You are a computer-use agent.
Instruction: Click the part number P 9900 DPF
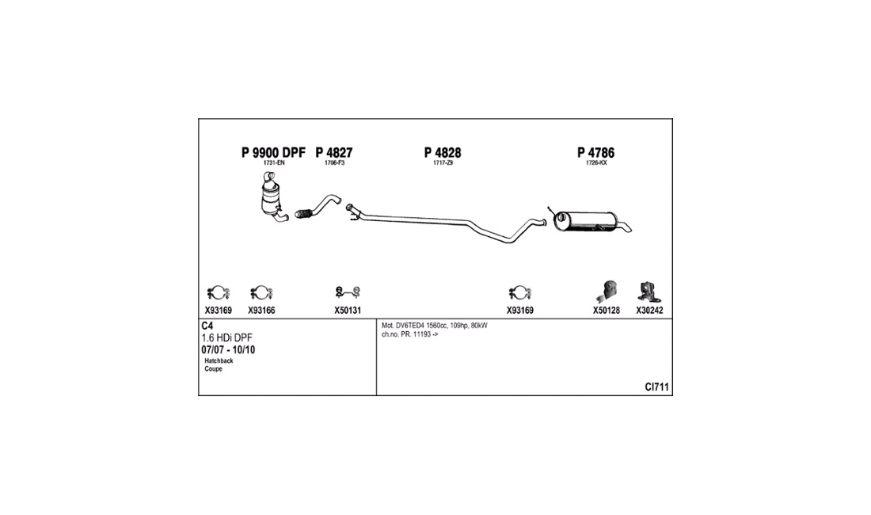pos(272,153)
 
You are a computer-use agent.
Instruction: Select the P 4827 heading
pos(334,153)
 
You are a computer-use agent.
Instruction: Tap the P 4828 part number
pos(443,153)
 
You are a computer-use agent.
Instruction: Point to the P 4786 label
pos(595,153)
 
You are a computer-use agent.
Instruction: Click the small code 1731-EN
pos(273,163)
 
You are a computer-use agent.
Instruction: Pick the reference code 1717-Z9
pos(443,163)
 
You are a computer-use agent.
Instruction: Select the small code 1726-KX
pos(596,163)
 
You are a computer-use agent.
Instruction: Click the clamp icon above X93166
pos(261,293)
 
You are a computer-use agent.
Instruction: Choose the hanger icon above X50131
pos(348,292)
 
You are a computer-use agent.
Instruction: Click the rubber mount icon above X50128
pos(606,291)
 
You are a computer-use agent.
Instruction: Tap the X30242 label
pos(649,311)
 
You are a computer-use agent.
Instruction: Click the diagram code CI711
pos(656,387)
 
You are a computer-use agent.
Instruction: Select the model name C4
pos(207,326)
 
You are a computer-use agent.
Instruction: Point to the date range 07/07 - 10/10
pos(228,349)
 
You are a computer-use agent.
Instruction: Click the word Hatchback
pos(219,360)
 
